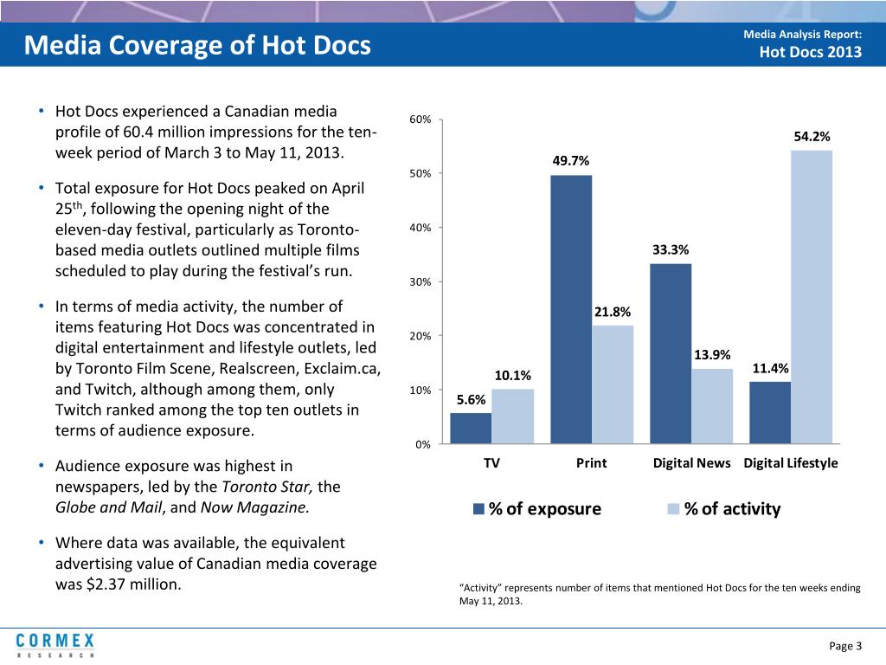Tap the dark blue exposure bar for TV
(471, 428)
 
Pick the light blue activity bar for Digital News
(711, 406)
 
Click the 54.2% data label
(812, 137)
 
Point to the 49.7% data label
(571, 161)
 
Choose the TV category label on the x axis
(491, 462)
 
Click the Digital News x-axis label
(691, 462)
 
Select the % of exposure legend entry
(536, 509)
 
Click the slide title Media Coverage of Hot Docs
(197, 44)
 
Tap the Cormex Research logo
(55, 645)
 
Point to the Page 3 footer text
(845, 646)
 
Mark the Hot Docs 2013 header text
(810, 52)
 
